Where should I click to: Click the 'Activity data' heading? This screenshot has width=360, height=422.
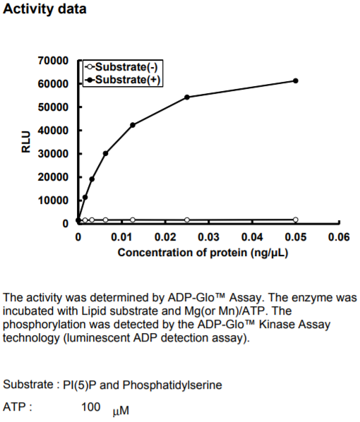44,9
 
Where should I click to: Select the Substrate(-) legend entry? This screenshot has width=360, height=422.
121,67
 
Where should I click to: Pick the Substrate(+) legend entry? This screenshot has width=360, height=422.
123,80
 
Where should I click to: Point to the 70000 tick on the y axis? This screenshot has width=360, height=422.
54,61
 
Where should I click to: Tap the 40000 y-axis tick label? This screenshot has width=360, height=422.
54,131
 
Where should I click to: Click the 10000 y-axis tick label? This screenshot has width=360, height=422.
54,200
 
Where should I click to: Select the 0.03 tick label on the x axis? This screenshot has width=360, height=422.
209,237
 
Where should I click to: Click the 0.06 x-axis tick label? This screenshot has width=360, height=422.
339,237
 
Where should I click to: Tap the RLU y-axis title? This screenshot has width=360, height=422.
26,142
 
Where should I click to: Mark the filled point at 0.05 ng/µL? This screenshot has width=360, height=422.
295,80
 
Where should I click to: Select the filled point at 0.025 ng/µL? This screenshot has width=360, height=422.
187,97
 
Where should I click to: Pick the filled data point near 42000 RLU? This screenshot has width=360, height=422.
133,125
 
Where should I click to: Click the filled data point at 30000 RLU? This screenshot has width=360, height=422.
106,153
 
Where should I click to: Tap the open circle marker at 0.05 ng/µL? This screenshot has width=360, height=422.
295,219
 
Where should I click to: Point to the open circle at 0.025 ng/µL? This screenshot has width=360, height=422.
187,220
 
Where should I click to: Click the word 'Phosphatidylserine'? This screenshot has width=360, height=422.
172,385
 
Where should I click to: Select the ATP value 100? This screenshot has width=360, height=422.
91,407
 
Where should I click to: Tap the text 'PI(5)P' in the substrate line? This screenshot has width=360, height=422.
80,385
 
